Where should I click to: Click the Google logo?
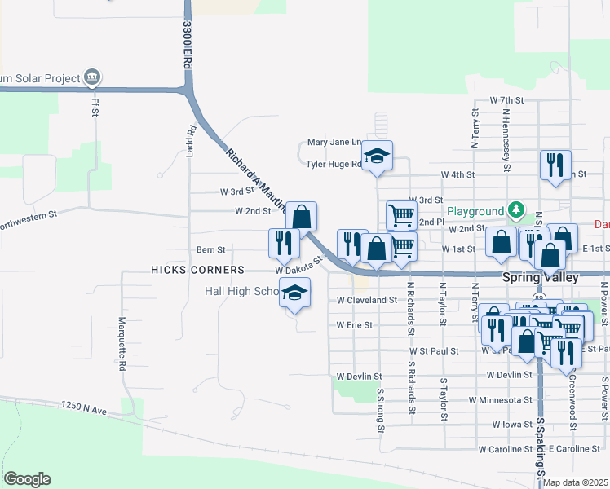tap(27, 479)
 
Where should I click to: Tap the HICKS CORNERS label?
tap(197, 270)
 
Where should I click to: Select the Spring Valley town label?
tap(540, 277)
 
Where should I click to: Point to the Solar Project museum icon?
tap(92, 78)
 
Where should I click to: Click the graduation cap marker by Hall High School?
tap(294, 293)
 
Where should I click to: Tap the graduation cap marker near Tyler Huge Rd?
tap(377, 155)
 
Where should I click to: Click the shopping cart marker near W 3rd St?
tap(401, 215)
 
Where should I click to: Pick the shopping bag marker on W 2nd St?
tap(301, 216)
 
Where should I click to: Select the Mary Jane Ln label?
tap(334, 142)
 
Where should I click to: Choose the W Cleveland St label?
tap(366, 300)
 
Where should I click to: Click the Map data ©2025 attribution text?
tap(575, 482)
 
